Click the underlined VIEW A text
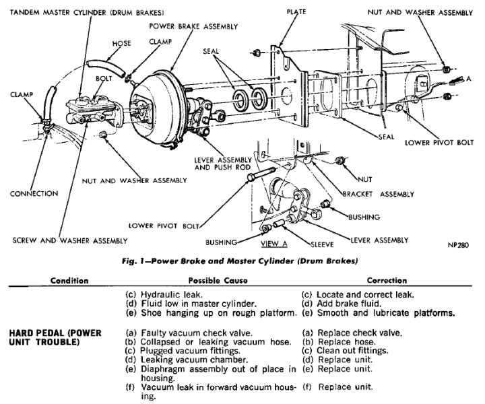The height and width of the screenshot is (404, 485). pos(273,240)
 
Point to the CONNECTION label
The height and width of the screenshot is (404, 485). pos(34,193)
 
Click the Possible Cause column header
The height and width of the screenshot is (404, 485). pos(219,280)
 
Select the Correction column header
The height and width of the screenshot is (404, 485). pos(387,280)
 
